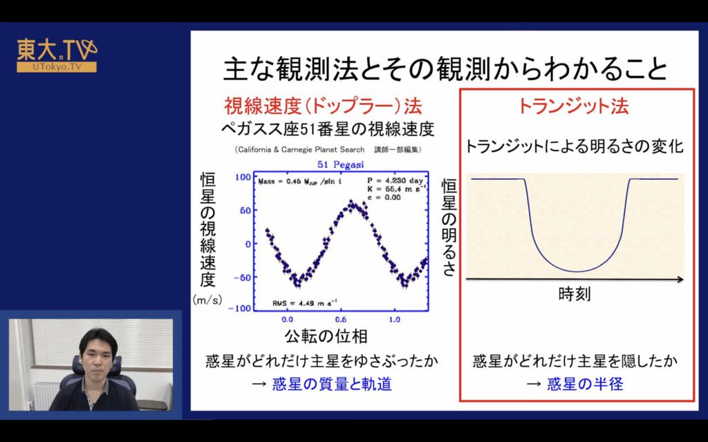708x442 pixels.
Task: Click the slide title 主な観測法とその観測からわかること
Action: coord(446,68)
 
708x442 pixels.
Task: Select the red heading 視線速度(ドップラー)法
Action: coord(324,106)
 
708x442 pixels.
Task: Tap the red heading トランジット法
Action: coord(573,106)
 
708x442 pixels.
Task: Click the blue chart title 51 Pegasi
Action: coord(340,164)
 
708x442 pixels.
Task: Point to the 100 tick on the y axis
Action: coord(243,177)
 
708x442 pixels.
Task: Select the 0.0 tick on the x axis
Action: coord(287,320)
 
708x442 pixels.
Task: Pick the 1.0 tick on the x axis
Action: coord(395,320)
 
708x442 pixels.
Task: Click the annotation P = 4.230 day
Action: coord(395,181)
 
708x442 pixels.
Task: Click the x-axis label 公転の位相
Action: coord(326,336)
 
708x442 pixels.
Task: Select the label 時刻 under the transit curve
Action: coord(575,294)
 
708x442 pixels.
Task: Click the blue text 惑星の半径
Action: coord(585,384)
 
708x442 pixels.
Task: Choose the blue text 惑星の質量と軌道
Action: coord(332,384)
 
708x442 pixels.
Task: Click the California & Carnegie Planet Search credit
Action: coord(300,149)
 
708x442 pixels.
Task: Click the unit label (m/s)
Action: coord(207,300)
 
